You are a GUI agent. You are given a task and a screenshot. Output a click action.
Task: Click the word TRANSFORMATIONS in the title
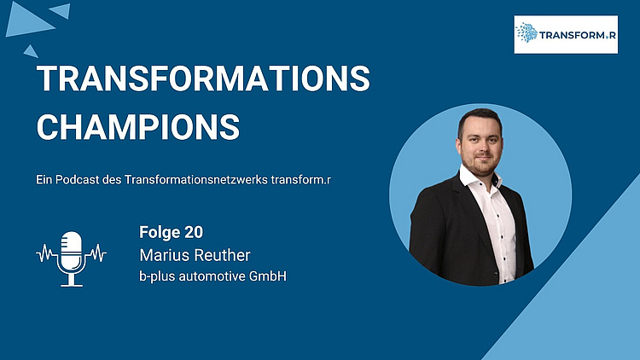point(203,78)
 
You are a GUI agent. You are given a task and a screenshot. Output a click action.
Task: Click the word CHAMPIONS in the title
point(138,127)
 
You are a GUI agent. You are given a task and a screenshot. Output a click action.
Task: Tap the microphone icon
point(72,258)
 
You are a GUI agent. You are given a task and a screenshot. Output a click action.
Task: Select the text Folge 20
point(171,232)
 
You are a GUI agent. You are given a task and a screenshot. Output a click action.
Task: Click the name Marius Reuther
point(195,255)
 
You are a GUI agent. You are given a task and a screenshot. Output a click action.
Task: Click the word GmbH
point(268,276)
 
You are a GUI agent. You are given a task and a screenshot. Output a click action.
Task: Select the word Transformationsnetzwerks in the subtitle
point(196,180)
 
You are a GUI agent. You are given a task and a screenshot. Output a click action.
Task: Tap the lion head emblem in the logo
point(527,32)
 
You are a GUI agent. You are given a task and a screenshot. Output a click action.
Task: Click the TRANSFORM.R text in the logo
point(577,35)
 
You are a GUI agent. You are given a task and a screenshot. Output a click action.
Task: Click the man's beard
point(481,165)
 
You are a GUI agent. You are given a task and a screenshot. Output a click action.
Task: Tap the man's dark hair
point(480,119)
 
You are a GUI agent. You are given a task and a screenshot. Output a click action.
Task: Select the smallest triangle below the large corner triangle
point(31,51)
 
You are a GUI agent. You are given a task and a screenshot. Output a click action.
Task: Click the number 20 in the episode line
point(194,232)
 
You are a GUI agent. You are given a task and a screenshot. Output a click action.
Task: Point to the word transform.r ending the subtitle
point(301,180)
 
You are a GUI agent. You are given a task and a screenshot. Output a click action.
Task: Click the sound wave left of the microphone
point(47,253)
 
